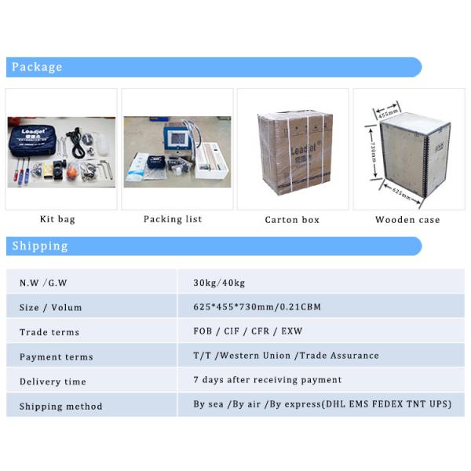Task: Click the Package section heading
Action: [37, 68]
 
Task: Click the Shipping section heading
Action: [40, 246]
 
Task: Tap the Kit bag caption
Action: [57, 220]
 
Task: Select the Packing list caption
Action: [173, 220]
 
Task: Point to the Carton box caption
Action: [292, 220]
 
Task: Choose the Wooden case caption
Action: [407, 220]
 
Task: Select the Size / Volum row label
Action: [50, 308]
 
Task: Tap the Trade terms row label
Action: [49, 332]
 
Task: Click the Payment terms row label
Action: [56, 357]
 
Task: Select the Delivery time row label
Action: [53, 382]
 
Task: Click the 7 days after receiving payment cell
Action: [267, 380]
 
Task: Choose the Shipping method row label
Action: [60, 407]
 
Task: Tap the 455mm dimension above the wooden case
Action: [387, 112]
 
